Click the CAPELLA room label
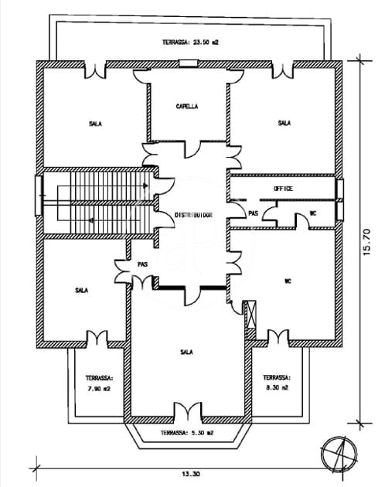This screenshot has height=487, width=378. coord(187,107)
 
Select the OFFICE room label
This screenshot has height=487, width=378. coord(284,189)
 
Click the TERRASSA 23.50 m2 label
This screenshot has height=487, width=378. coord(190,43)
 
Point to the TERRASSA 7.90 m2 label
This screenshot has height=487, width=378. coord(99,383)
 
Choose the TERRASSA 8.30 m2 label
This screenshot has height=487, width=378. coord(276,383)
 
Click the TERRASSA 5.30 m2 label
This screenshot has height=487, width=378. coord(188,433)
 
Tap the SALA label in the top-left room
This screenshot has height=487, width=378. coord(94,123)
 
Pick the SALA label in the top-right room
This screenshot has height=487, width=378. coord(284,123)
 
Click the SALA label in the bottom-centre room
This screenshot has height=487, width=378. coord(186,352)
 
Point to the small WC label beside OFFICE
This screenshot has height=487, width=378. coord(313,213)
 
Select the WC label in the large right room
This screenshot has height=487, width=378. coord(287,280)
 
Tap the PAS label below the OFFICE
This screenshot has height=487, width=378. coord(253,213)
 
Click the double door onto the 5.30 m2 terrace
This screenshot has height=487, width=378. coord(186,410)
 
